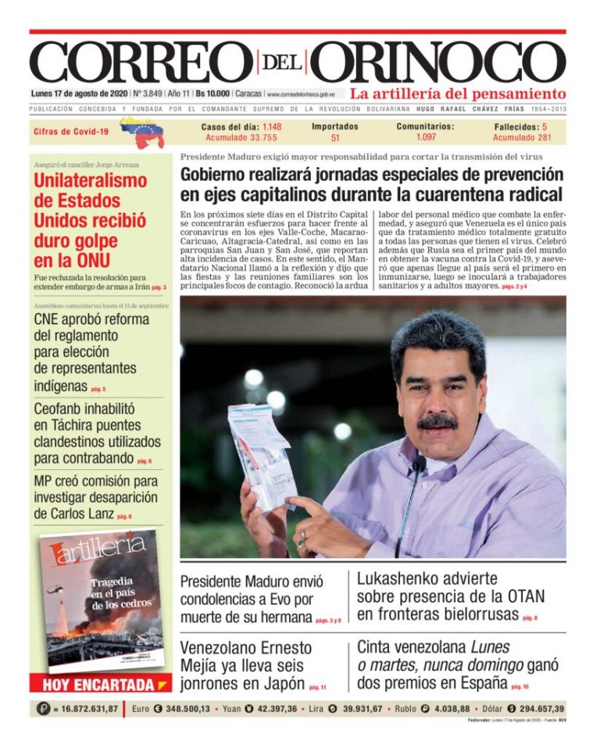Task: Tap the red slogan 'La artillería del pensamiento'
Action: pyautogui.click(x=457, y=94)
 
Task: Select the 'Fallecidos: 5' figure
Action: pyautogui.click(x=520, y=126)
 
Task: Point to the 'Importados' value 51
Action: pyautogui.click(x=335, y=138)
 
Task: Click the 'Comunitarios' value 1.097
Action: pyautogui.click(x=426, y=137)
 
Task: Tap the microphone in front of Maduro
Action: pyautogui.click(x=419, y=465)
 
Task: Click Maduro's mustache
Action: pyautogui.click(x=437, y=422)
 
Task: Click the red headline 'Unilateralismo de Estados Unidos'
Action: pyautogui.click(x=90, y=221)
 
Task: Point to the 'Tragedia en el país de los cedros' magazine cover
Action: pyautogui.click(x=102, y=599)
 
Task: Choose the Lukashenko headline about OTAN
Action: pyautogui.click(x=450, y=596)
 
